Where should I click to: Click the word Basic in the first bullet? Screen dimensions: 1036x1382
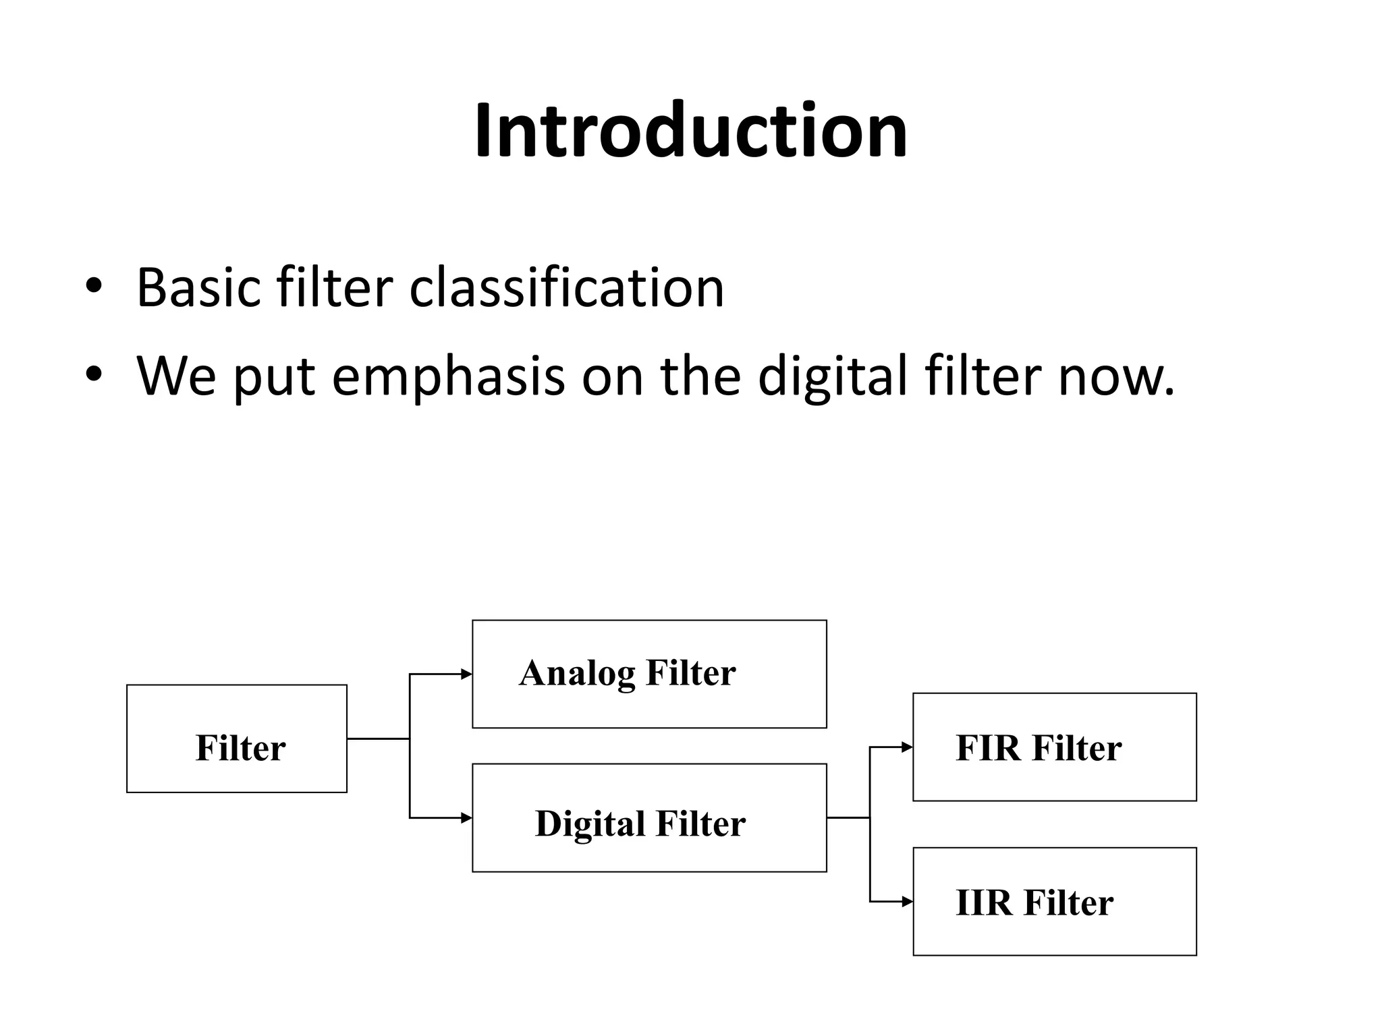pyautogui.click(x=198, y=288)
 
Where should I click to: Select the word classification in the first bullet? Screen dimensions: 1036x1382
pyautogui.click(x=567, y=288)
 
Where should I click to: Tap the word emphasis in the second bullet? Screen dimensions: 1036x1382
pyautogui.click(x=448, y=376)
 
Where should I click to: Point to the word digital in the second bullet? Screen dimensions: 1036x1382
pyautogui.click(x=833, y=376)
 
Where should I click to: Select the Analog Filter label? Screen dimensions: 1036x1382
pyautogui.click(x=627, y=673)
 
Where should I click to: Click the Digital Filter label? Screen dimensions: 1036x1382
pyautogui.click(x=640, y=824)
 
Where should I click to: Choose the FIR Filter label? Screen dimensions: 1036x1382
pyautogui.click(x=1039, y=748)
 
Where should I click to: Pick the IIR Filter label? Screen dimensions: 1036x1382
pyautogui.click(x=1034, y=902)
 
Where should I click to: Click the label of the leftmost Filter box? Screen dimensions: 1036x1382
pyautogui.click(x=240, y=748)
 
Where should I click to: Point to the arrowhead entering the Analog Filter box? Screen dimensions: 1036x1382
pyautogui.click(x=466, y=674)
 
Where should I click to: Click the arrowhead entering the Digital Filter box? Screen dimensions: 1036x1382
pyautogui.click(x=466, y=818)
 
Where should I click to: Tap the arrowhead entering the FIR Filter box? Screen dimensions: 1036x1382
pyautogui.click(x=907, y=747)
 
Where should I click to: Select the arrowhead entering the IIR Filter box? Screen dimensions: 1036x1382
pyautogui.click(x=907, y=902)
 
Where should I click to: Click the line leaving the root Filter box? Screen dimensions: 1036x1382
pyautogui.click(x=378, y=739)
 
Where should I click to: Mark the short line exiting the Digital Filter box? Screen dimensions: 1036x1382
pyautogui.click(x=848, y=818)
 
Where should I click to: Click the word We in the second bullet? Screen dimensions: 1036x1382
pyautogui.click(x=177, y=376)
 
